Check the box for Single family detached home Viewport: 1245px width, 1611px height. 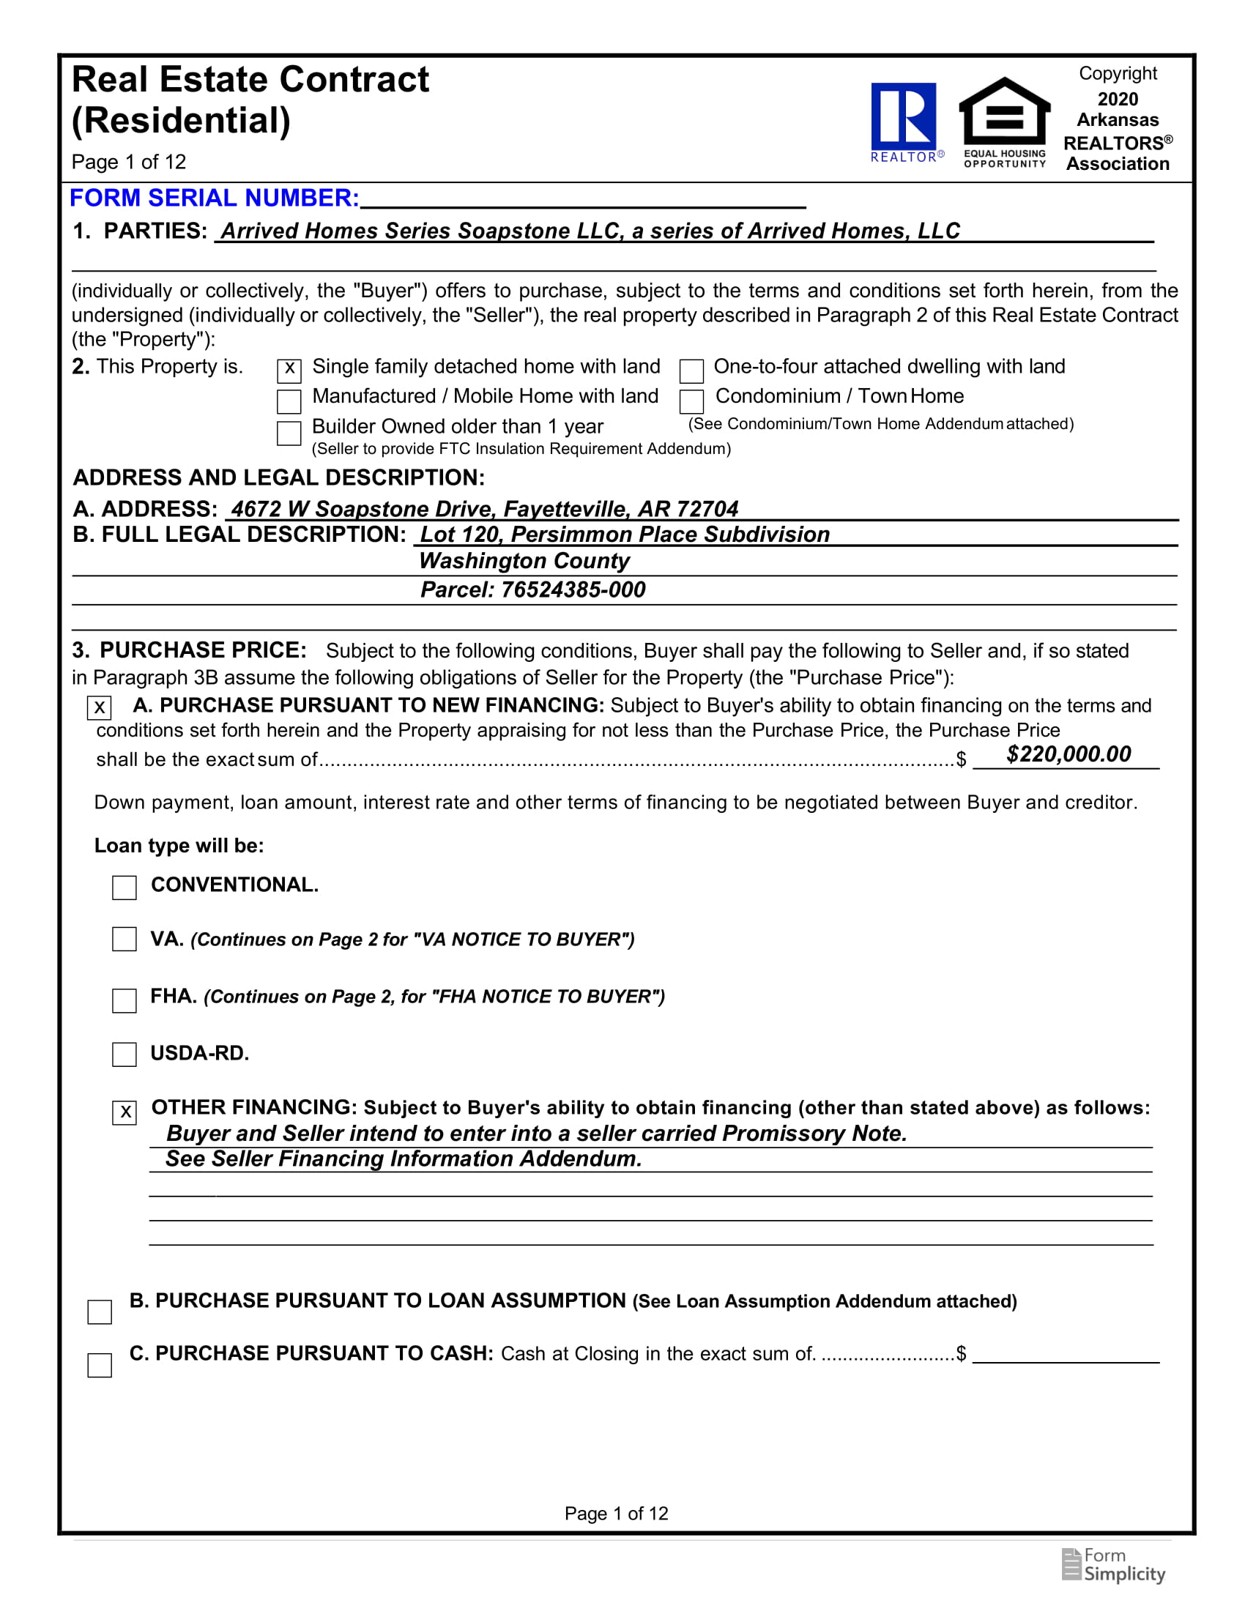[289, 371]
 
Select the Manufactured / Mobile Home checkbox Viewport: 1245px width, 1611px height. [289, 401]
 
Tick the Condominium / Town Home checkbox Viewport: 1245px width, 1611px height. [691, 401]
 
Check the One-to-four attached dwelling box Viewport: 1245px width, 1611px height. [691, 371]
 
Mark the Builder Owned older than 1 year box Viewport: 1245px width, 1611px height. [289, 433]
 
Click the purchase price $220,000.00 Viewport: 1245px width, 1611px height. [1068, 754]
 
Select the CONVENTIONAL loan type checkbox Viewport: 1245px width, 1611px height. [124, 888]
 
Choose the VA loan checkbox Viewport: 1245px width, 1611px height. [124, 939]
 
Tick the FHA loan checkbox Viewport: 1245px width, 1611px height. [124, 1000]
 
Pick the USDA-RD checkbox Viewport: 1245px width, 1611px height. [124, 1054]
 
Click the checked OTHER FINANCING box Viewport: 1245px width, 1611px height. [124, 1112]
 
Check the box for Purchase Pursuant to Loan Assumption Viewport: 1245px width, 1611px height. [100, 1312]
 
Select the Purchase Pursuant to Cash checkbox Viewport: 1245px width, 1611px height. [100, 1365]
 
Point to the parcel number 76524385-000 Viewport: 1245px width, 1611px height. [573, 590]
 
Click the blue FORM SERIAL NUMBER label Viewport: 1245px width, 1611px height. [214, 198]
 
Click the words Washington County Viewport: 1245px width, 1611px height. [524, 562]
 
